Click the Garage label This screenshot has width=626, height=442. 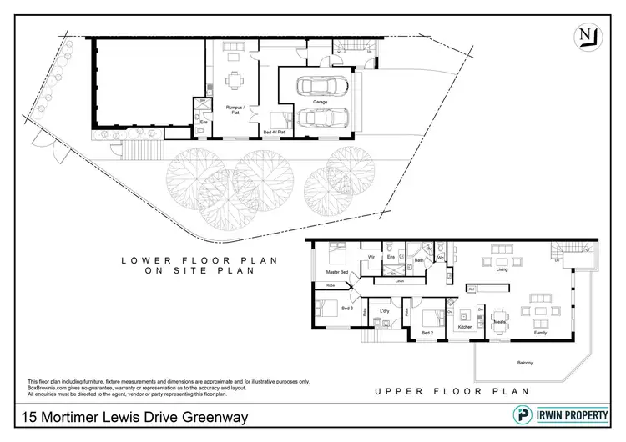321,101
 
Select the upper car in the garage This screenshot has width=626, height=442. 320,86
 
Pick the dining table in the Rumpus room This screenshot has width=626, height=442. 235,80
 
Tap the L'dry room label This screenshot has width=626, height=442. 385,311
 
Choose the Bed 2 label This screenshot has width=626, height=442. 427,333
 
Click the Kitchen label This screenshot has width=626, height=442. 465,327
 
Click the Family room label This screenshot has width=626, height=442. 540,333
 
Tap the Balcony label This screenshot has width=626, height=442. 523,361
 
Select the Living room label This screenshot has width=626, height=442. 502,269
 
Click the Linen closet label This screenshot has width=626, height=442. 400,281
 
